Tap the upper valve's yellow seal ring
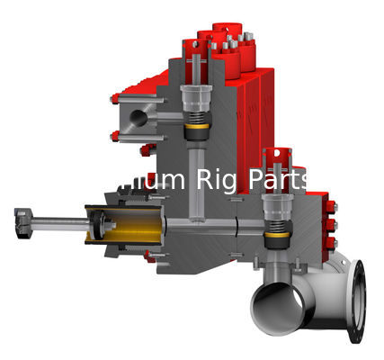click(195, 133)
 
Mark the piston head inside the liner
click(98, 224)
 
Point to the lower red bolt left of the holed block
click(115, 136)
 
